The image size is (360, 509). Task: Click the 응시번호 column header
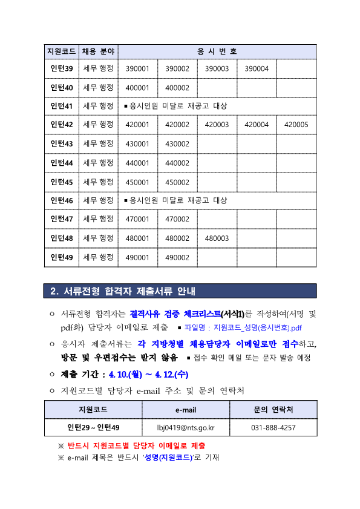tap(217, 51)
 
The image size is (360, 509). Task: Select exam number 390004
tap(257, 69)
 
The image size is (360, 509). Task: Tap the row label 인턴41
tap(61, 107)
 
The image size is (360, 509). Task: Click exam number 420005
tap(296, 125)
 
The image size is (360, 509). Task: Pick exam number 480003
tap(217, 238)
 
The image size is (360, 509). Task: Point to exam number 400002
tap(177, 88)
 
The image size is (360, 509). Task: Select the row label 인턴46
tap(61, 200)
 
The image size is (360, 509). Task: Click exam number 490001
tap(137, 257)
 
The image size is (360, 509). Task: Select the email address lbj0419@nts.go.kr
tap(186, 428)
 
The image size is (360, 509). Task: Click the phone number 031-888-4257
tap(273, 428)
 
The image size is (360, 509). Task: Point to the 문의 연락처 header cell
tap(273, 410)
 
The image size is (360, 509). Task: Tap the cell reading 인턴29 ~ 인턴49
tap(93, 428)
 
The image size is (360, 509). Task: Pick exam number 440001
tap(137, 163)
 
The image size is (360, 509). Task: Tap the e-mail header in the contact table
tap(186, 410)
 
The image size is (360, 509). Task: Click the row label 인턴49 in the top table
tap(61, 257)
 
